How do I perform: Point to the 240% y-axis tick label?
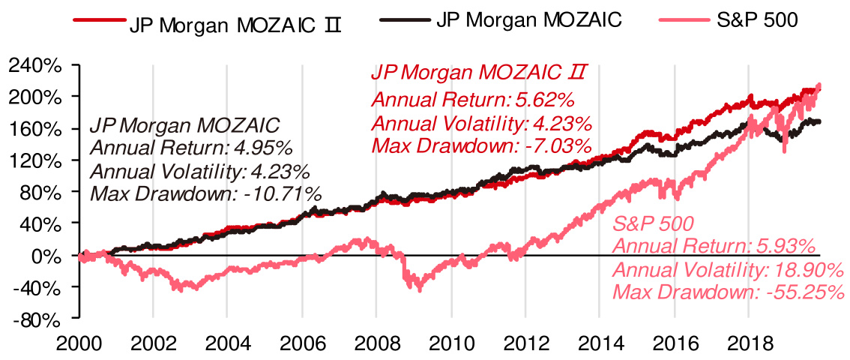click(x=34, y=65)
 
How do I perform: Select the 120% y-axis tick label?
click(x=34, y=160)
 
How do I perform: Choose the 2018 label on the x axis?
click(x=748, y=343)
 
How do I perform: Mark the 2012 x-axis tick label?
click(x=525, y=343)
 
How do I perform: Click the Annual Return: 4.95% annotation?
click(x=191, y=147)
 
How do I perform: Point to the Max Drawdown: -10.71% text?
click(x=205, y=195)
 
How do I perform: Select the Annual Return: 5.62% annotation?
click(x=473, y=99)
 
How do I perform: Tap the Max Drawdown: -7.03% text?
click(x=481, y=144)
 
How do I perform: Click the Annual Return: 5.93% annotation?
click(x=714, y=246)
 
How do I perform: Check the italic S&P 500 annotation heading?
click(x=652, y=223)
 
